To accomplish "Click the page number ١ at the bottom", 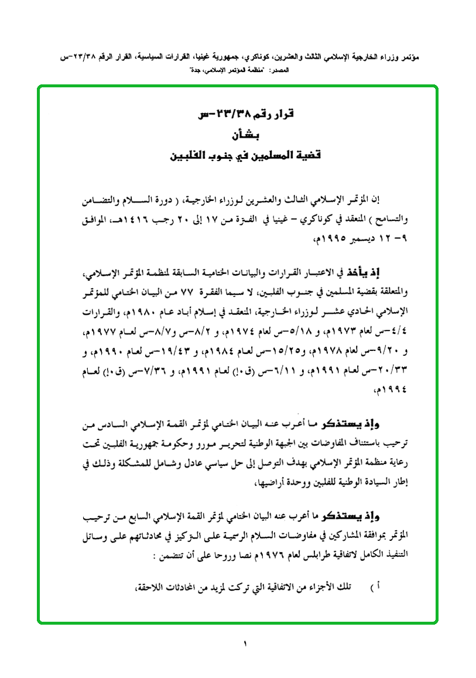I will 245,644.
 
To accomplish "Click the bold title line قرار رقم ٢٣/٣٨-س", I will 241,116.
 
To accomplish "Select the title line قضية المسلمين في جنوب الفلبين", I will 240,157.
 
